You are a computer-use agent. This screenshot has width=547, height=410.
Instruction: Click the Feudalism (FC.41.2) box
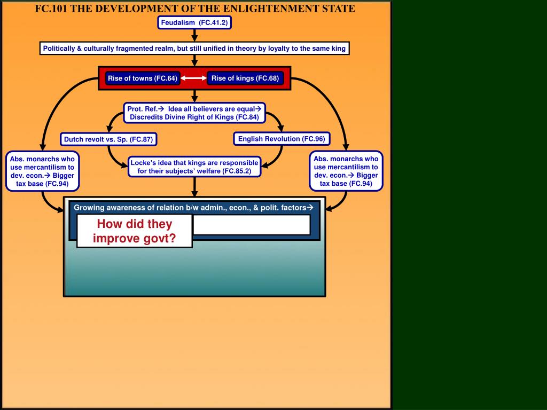(x=194, y=22)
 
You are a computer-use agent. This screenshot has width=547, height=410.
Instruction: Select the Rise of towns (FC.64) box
(x=142, y=78)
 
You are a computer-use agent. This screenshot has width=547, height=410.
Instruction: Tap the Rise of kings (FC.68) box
(x=245, y=78)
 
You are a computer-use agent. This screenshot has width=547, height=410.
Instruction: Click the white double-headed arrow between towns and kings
(x=194, y=78)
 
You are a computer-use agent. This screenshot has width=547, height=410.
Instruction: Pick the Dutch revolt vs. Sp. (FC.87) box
(x=108, y=140)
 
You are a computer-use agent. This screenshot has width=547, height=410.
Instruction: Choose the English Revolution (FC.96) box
(x=282, y=139)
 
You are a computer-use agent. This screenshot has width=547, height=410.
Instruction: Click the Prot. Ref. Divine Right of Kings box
(x=194, y=113)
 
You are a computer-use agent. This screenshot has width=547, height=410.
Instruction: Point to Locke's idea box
(x=194, y=167)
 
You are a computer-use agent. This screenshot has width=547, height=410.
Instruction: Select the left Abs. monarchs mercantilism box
(x=42, y=171)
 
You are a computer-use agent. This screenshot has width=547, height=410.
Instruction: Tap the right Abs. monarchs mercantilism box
(x=346, y=171)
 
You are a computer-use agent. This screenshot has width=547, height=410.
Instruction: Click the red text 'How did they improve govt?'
(x=135, y=231)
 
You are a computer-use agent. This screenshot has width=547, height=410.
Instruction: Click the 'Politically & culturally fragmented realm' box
(x=194, y=49)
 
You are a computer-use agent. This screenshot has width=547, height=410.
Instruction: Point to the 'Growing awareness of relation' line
(x=193, y=208)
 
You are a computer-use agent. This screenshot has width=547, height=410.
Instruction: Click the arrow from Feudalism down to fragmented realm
(x=194, y=35)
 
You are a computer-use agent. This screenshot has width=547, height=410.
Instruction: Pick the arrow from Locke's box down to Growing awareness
(x=194, y=187)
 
